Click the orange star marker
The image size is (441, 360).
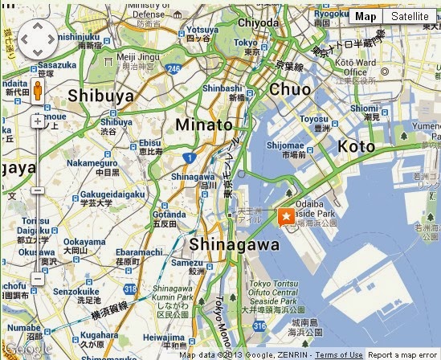point(285,216)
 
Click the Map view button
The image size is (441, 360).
point(365,17)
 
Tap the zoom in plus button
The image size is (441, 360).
point(38,121)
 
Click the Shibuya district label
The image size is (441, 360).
point(100,95)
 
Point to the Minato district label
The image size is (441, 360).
point(204,125)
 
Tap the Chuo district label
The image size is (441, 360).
point(290,89)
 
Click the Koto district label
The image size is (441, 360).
point(356,146)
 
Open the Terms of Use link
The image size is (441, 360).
point(339,354)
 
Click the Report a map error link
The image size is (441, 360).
point(403,354)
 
